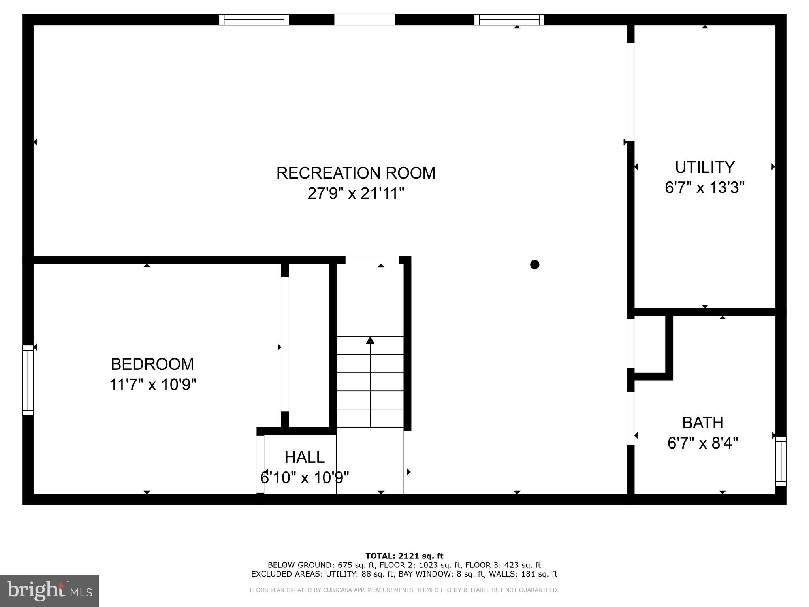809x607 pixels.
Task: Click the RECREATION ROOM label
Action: [x=356, y=173]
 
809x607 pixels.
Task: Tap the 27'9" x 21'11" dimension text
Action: [x=356, y=194]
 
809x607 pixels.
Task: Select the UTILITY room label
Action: [x=705, y=167]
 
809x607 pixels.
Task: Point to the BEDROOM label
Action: [x=152, y=364]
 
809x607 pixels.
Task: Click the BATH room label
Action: [x=703, y=423]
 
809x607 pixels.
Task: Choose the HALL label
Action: [x=305, y=457]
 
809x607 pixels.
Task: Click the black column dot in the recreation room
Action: [x=534, y=264]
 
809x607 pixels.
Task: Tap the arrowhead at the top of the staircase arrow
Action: [x=370, y=340]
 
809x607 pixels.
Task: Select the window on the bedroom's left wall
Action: [x=28, y=380]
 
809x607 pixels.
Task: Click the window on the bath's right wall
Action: [x=781, y=461]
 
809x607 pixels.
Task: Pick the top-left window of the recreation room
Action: [x=254, y=20]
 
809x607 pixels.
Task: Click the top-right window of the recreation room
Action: [x=509, y=20]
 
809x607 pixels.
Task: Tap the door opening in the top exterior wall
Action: [x=364, y=20]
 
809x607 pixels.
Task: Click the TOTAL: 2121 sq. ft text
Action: [x=404, y=556]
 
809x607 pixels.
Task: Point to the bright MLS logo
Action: [x=49, y=590]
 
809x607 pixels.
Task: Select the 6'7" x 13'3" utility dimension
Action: [x=705, y=187]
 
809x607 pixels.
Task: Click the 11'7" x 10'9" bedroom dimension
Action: [x=152, y=385]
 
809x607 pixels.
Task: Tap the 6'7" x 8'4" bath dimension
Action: [x=703, y=443]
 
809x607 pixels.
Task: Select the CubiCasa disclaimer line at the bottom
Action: [x=404, y=590]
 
